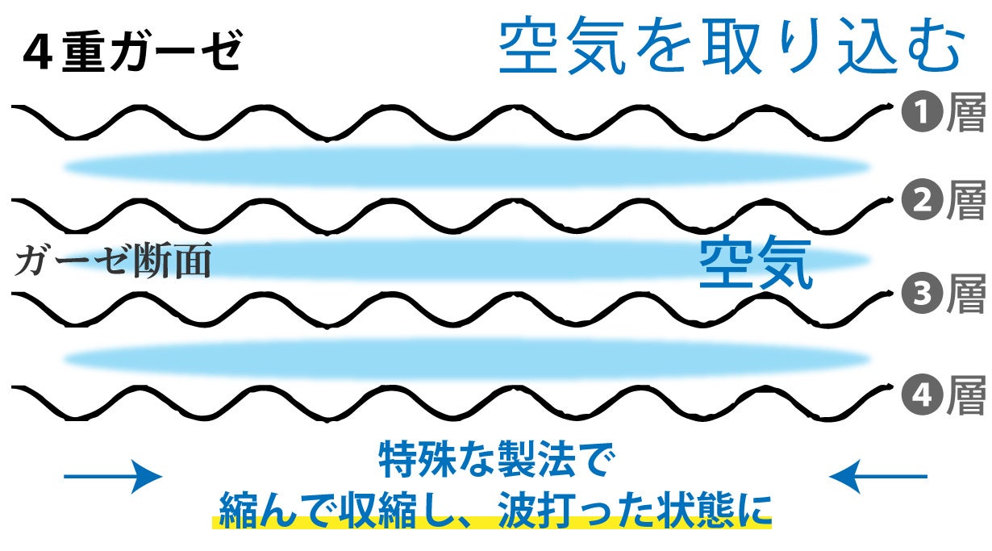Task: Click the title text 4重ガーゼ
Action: click(133, 53)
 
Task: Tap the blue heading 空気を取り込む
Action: click(731, 48)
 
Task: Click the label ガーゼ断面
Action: click(113, 261)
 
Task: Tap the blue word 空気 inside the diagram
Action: click(755, 265)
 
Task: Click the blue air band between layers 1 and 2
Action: click(468, 167)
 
